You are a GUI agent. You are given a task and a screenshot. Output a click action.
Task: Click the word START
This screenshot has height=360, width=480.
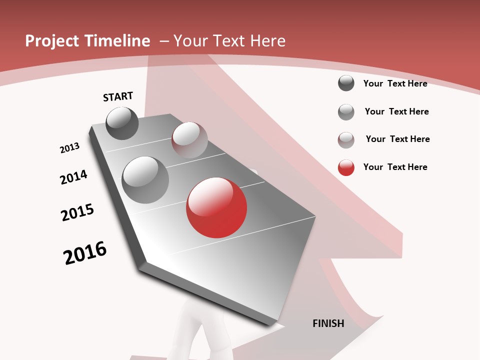pos(118,96)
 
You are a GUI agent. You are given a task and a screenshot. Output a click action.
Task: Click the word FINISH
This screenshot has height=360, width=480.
pos(328,323)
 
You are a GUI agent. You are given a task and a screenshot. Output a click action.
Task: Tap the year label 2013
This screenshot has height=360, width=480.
pos(70,147)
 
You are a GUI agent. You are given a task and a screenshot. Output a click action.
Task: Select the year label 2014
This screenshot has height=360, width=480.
pos(73,177)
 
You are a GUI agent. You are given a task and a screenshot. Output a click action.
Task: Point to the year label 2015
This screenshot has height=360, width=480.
pos(77,212)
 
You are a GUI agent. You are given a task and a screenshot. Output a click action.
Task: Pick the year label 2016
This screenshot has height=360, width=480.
pos(85,253)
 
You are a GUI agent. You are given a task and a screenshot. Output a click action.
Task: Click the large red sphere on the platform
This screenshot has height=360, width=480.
pos(216,207)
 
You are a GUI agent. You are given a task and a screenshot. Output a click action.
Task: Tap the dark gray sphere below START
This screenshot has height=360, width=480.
pos(122,123)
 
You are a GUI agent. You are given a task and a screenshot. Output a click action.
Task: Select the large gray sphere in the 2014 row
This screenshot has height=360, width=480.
pos(145,179)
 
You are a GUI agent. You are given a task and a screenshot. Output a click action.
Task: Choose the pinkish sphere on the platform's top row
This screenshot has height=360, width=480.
pos(189,139)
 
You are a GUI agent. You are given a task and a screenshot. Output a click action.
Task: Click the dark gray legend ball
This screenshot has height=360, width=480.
pos(346,83)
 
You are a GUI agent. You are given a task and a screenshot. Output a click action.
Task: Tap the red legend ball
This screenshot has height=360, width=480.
pos(346,167)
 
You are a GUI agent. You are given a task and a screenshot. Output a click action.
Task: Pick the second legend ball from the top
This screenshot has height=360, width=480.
pos(346,112)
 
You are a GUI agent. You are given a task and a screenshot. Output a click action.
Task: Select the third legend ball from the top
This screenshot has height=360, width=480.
pos(346,140)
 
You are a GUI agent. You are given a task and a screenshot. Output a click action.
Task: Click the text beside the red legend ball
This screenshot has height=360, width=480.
pos(395,167)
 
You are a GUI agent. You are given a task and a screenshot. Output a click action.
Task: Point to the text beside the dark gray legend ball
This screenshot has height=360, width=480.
pos(395,83)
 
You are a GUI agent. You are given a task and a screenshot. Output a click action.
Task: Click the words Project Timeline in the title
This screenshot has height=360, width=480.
pos(87,41)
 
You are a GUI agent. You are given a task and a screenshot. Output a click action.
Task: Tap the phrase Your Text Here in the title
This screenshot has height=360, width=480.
pos(229,41)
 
